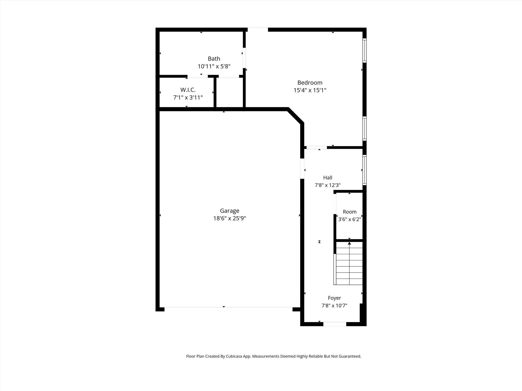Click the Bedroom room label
(310, 83)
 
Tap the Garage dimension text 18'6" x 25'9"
(229, 218)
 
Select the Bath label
(214, 59)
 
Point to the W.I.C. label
(188, 90)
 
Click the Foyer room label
(334, 298)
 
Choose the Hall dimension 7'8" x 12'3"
(328, 185)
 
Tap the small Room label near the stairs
(349, 212)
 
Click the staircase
(348, 263)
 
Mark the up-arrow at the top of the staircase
(349, 243)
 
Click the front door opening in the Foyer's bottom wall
(335, 324)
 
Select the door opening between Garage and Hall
(302, 169)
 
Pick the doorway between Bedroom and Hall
(317, 147)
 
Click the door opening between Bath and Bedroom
(244, 58)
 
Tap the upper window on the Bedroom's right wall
(364, 50)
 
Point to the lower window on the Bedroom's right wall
(364, 129)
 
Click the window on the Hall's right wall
(364, 170)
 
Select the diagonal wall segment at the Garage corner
(296, 116)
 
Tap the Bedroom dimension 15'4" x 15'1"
(310, 90)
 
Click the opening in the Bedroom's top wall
(258, 30)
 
